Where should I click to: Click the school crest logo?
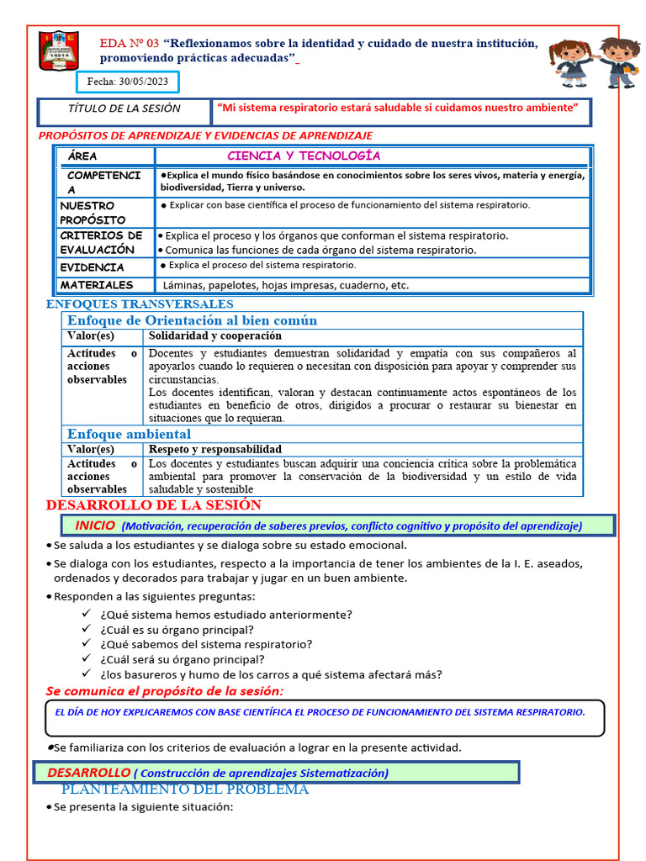point(59,51)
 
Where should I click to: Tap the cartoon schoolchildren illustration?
point(596,61)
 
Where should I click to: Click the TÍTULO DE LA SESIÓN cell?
point(124,108)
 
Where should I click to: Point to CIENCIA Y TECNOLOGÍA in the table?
point(304,156)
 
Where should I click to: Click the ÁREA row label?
point(82,156)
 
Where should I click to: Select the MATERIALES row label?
point(97,285)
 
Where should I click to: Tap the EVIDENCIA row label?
point(92,267)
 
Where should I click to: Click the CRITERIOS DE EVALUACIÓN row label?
point(101,242)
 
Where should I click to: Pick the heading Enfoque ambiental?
point(129,434)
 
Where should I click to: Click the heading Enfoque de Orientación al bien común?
point(192,320)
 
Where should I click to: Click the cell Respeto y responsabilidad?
point(214,450)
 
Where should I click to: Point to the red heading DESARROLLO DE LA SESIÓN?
point(153,505)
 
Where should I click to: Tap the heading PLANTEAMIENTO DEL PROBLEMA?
point(185,789)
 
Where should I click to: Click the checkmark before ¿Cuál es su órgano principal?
point(86,629)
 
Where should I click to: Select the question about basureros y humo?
point(271,674)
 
